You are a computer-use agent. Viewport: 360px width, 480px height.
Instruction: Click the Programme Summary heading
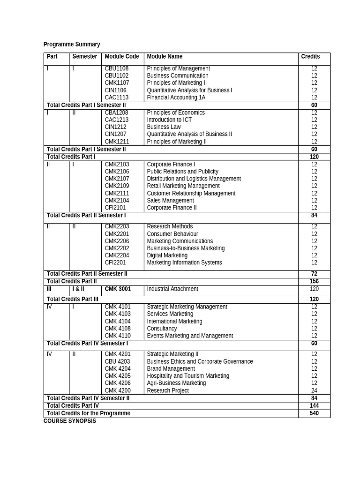[x=72, y=45]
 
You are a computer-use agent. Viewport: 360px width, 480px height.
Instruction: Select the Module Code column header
[x=122, y=57]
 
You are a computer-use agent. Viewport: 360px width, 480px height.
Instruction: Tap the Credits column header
[x=310, y=57]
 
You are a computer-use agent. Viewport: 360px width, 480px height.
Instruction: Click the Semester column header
[x=85, y=57]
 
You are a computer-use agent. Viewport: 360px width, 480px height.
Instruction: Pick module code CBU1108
[x=117, y=68]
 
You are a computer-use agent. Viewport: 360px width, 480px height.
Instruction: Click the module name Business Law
[x=164, y=127]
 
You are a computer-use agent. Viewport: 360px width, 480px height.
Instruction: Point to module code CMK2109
[x=117, y=186]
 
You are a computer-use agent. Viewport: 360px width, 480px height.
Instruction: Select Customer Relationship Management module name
[x=191, y=193]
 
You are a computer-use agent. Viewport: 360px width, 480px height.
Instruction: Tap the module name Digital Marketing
[x=167, y=255]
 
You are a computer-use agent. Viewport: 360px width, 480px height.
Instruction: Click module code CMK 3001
[x=118, y=289]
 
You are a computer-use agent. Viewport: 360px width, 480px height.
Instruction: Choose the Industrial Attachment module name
[x=172, y=289]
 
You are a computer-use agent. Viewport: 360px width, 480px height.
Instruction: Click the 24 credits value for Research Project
[x=314, y=390]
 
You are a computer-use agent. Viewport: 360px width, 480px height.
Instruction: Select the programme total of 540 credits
[x=314, y=413]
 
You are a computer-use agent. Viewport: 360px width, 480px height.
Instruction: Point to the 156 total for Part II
[x=314, y=282]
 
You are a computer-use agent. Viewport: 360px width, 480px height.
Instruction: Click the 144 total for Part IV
[x=314, y=406]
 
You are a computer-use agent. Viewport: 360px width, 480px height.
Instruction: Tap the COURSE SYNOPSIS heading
[x=70, y=421]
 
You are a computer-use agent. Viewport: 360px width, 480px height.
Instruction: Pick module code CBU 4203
[x=118, y=361]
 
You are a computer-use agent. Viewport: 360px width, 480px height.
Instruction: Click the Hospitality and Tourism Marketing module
[x=188, y=376]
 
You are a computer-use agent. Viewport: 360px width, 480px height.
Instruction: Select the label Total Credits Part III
[x=73, y=299]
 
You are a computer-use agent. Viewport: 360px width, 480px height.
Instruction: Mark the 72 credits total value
[x=314, y=274]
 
